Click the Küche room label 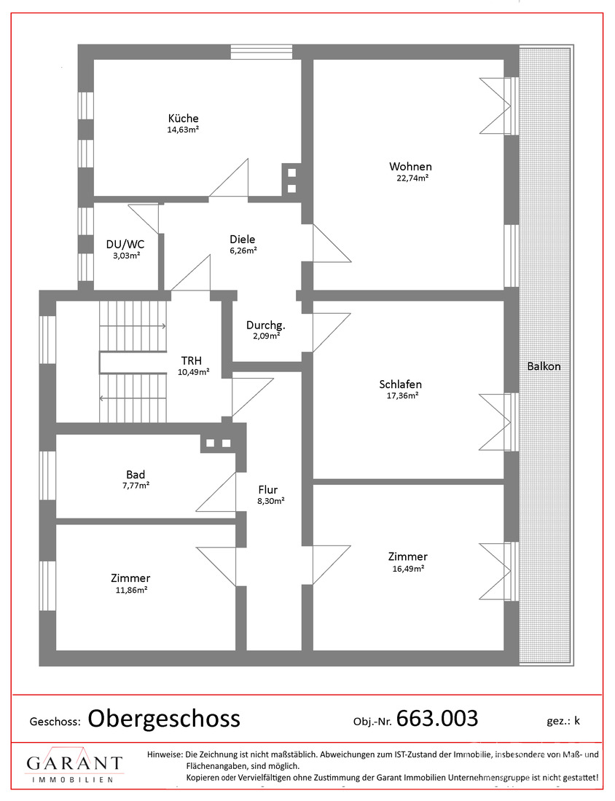point(183,119)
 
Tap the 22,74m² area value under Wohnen point(412,178)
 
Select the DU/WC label point(125,244)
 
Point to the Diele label point(243,239)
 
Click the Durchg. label point(265,325)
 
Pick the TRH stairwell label point(191,361)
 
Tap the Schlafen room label point(400,384)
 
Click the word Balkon point(544,366)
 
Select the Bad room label point(136,475)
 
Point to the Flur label point(268,490)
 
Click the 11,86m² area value point(132,590)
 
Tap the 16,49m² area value point(409,569)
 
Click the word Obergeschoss point(164,719)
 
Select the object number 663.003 point(437,718)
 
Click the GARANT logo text point(74,763)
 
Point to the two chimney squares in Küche point(292,181)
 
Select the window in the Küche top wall point(262,52)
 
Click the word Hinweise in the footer point(165,754)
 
